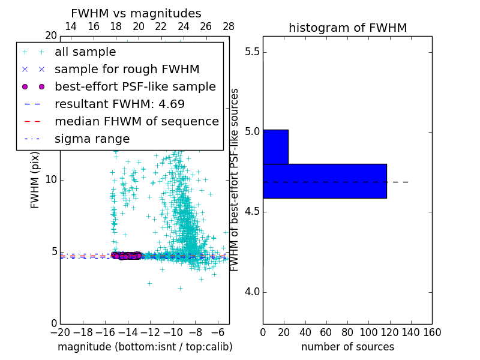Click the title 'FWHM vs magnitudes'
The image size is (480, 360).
point(136,14)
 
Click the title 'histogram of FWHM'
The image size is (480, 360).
point(347,28)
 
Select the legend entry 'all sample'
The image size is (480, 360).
point(85,52)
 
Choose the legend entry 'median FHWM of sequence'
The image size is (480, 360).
point(136,121)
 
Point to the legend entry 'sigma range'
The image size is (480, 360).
point(92,139)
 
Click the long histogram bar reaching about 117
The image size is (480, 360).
point(325,181)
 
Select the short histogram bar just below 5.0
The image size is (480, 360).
point(275,146)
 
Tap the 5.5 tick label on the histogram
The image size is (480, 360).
point(251,52)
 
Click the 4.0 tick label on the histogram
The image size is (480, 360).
point(251,292)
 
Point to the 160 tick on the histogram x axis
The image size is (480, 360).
point(432,331)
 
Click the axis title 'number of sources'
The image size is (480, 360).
point(347,347)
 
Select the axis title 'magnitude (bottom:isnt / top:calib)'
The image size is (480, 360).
point(145,347)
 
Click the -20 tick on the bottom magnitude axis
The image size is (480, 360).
point(60,331)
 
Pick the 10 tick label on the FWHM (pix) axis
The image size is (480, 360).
point(51,180)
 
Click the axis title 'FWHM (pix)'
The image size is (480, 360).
point(35,180)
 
